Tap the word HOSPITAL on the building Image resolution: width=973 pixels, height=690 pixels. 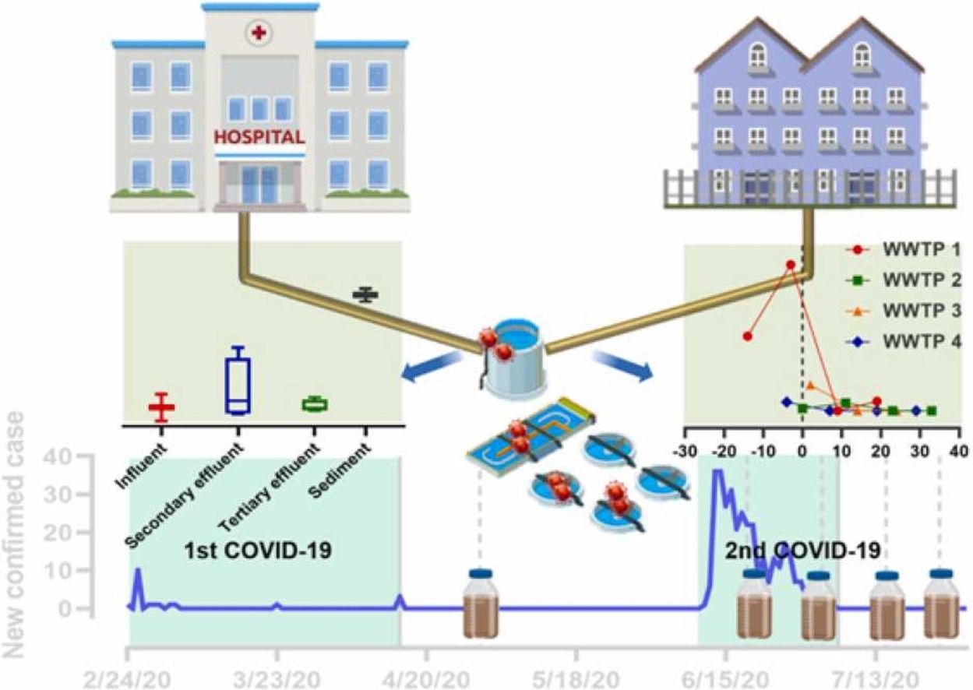(x=259, y=138)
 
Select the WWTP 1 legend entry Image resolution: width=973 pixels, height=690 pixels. (x=904, y=251)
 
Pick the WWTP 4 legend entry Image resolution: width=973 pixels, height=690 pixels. (x=904, y=341)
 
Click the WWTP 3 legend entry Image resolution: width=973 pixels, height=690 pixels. (x=904, y=311)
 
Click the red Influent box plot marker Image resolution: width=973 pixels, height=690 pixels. (x=162, y=407)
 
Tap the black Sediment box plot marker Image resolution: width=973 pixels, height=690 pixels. (x=365, y=294)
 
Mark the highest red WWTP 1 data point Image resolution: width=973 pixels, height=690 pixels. (x=790, y=265)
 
